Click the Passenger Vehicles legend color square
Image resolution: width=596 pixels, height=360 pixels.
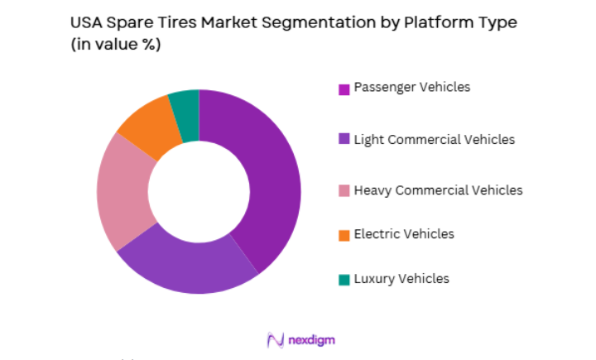(x=344, y=89)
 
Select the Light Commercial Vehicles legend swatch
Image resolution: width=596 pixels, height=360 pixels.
(x=344, y=141)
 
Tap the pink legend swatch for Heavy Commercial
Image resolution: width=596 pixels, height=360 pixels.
(x=344, y=192)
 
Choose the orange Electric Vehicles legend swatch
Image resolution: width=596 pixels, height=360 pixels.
(x=344, y=236)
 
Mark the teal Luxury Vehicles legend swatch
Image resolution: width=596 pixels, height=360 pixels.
(x=344, y=280)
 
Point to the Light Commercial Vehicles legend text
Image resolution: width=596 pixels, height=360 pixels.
(x=434, y=139)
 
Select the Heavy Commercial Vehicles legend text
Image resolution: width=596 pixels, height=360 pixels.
(x=438, y=190)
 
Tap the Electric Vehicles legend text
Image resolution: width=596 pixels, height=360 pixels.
(x=404, y=234)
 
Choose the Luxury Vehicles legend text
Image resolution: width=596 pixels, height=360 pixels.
(x=401, y=278)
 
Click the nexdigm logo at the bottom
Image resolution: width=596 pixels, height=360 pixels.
(x=300, y=340)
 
